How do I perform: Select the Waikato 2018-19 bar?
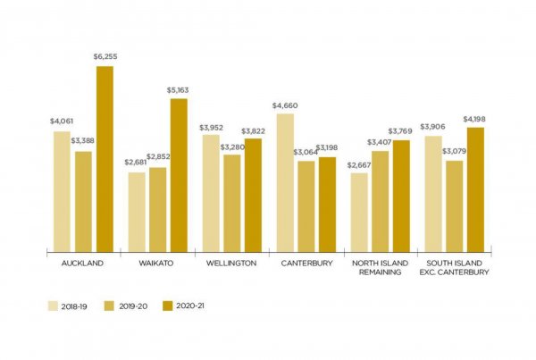tap(137, 213)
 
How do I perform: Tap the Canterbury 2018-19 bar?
tap(286, 183)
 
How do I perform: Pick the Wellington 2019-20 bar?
tap(232, 204)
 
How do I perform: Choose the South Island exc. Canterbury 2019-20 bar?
tap(455, 206)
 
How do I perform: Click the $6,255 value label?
tap(105, 57)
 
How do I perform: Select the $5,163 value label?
tap(179, 90)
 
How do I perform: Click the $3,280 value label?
tap(231, 147)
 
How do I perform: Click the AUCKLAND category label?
tap(83, 264)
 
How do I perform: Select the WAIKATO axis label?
tap(157, 264)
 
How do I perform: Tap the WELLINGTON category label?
tap(231, 264)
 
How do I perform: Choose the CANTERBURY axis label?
tap(306, 264)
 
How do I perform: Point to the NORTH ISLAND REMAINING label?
tap(381, 267)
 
